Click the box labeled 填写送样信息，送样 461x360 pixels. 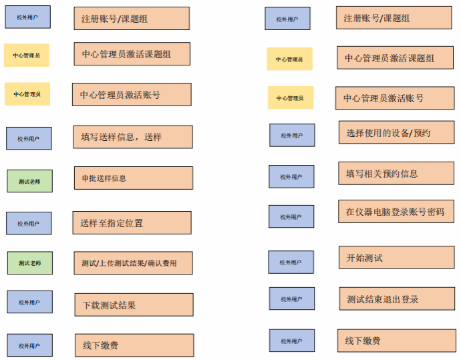click(133, 137)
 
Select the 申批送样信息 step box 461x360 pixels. click(134, 178)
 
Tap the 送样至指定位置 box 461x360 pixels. click(132, 223)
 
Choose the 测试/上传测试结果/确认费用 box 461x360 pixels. click(133, 263)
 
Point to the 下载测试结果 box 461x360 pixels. click(134, 305)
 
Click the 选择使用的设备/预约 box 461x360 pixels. click(397, 132)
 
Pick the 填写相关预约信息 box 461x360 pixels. click(396, 173)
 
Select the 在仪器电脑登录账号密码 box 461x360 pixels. click(396, 211)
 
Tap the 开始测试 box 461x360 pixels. click(397, 257)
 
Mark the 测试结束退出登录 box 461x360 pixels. click(397, 299)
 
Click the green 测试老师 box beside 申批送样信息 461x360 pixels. click(29, 181)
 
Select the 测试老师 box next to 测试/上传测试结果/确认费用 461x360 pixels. click(30, 262)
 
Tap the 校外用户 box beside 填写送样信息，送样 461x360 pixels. click(29, 138)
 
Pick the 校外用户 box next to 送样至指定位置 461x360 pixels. click(29, 223)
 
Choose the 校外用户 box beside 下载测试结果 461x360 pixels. click(29, 302)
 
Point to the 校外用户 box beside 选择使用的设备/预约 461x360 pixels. click(292, 135)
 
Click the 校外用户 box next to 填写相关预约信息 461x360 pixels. click(291, 176)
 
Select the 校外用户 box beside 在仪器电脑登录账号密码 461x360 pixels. click(291, 216)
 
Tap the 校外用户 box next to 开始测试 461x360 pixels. click(291, 262)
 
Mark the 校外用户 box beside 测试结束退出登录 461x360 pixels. click(292, 299)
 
